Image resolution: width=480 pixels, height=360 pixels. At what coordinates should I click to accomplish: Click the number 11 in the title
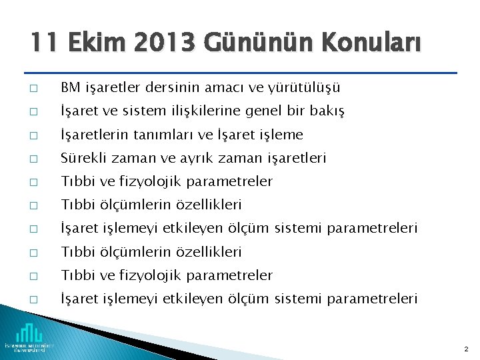click(x=42, y=44)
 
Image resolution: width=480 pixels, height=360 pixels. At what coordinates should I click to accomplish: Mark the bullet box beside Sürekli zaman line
click(x=33, y=159)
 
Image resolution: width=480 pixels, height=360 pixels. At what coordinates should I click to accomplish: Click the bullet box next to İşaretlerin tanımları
click(x=33, y=135)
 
